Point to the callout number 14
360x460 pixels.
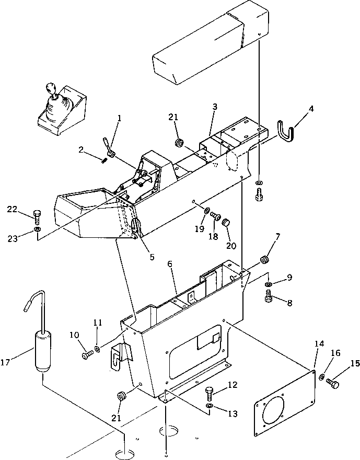pyautogui.click(x=319, y=343)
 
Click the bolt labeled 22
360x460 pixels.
pyautogui.click(x=36, y=215)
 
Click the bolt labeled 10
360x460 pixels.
pyautogui.click(x=87, y=355)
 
